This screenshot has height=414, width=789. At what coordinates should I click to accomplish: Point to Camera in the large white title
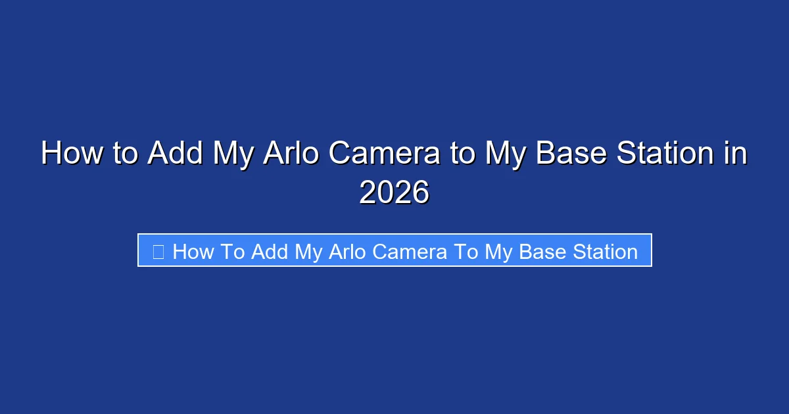coord(385,154)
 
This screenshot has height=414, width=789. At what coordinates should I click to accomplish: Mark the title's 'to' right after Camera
coord(461,154)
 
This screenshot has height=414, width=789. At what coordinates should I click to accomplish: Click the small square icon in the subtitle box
coord(158,251)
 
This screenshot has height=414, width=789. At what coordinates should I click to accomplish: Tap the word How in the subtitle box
coord(192,252)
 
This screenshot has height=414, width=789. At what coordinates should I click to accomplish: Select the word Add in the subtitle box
coord(270,252)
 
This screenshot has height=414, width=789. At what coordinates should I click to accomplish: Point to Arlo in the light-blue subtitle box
coord(351,252)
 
